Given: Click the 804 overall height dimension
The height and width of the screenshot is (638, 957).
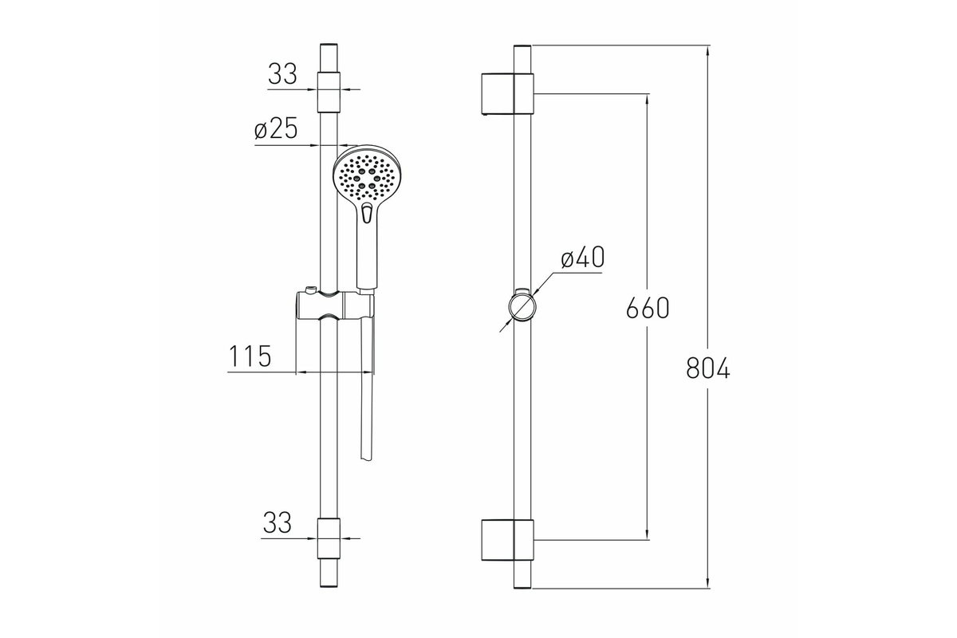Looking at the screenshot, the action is pos(708,368).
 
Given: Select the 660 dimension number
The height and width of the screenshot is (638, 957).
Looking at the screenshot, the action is pos(648,308).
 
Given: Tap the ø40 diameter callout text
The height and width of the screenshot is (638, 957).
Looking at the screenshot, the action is pos(583,258).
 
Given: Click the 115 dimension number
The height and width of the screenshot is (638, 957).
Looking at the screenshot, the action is pos(250,356).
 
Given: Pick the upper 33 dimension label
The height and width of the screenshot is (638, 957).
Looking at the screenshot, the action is pos(282,73).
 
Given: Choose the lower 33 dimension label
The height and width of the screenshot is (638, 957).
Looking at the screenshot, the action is pos(278,522).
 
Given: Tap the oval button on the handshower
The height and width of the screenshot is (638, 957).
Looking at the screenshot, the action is pos(367,213).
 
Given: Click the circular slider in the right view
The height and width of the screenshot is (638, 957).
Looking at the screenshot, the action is pos(522,306).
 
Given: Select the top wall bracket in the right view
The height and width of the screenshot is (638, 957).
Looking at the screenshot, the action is pos(507,94).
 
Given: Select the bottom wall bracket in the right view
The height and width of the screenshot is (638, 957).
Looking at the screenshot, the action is pos(507,540).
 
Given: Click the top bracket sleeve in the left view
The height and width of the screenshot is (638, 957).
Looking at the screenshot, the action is pos(329,93).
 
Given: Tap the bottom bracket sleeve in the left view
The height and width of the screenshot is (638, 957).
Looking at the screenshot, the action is pos(329,538).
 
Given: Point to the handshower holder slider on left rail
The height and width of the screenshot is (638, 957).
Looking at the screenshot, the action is pos(334,305).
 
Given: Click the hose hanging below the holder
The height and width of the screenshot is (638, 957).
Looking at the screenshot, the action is pos(368,389).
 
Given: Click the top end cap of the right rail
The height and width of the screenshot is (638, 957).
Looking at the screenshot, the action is pos(522,45).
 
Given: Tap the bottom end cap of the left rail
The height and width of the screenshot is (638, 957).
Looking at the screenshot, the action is pos(329,585).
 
